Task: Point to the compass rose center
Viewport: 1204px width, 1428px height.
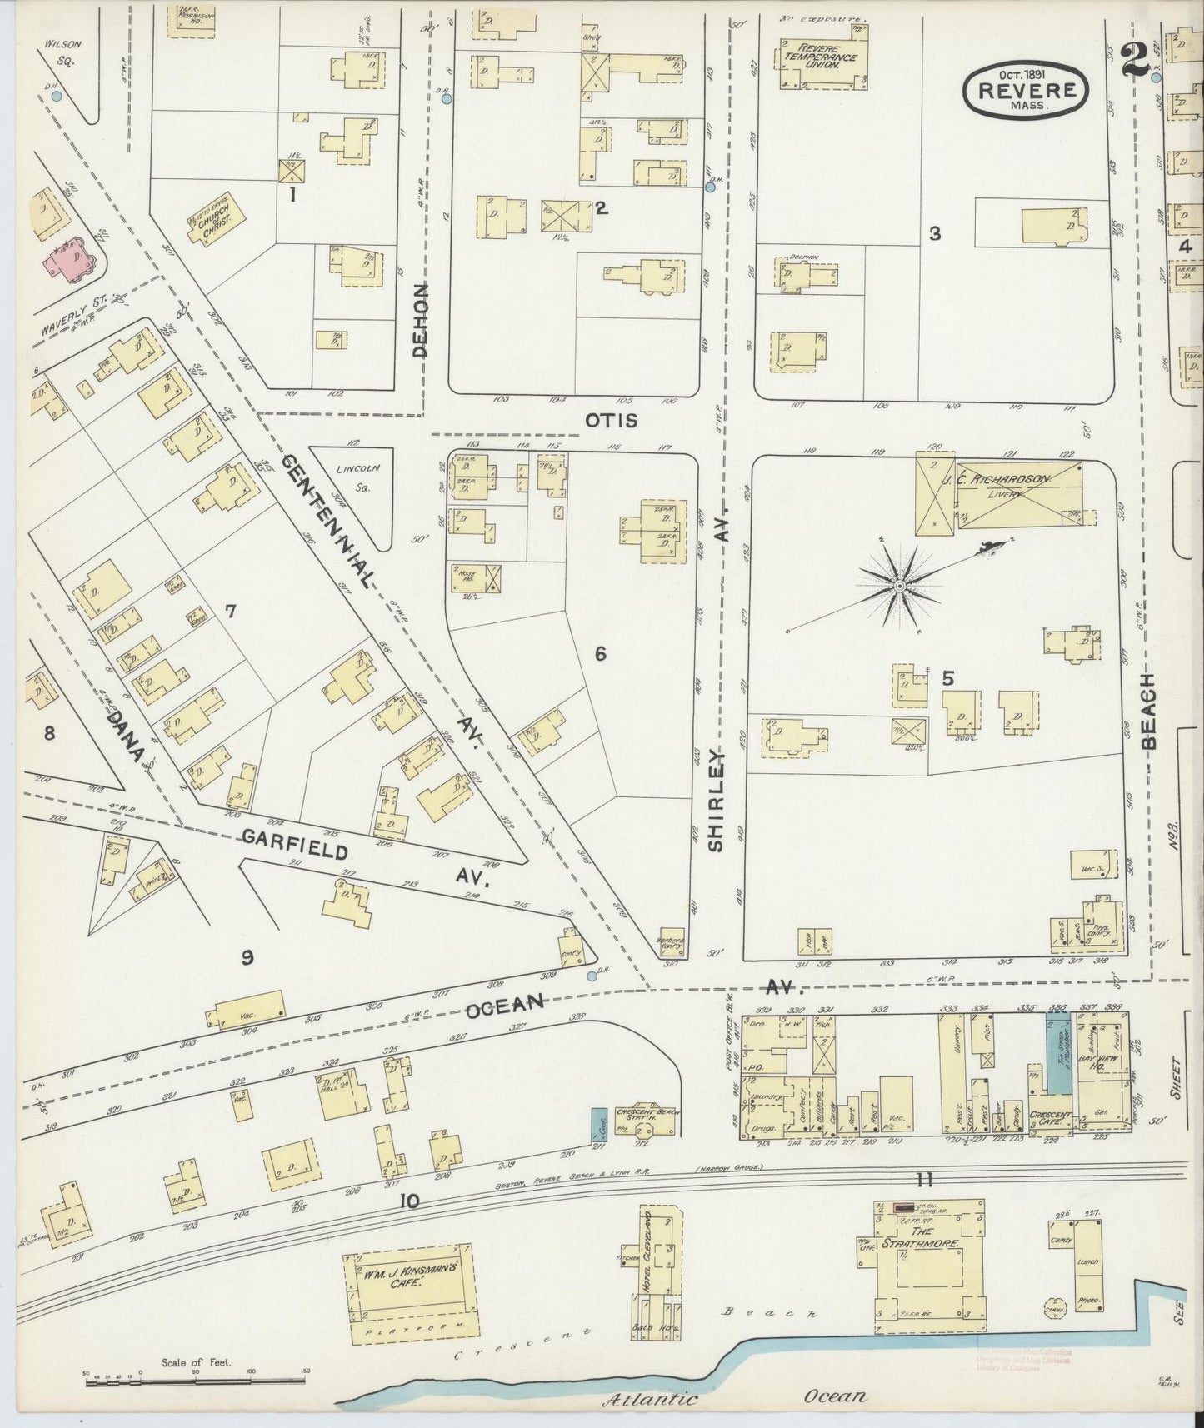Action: (x=899, y=587)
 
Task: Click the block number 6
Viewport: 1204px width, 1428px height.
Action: (x=599, y=654)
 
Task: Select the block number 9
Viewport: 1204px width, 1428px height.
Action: (x=247, y=958)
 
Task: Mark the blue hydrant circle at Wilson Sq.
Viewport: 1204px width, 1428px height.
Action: (x=56, y=96)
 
